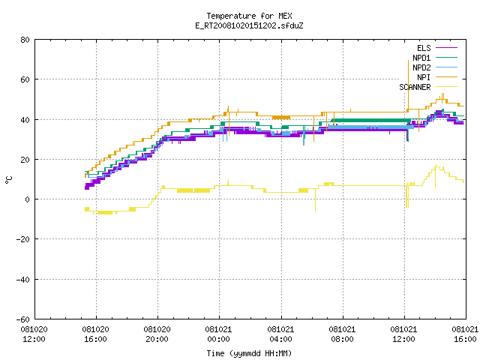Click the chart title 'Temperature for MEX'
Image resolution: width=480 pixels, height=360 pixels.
coord(249,16)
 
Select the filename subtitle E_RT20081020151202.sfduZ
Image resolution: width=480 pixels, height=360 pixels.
coord(249,25)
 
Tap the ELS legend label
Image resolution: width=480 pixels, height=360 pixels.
coord(424,48)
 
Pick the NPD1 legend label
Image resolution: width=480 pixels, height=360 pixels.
coord(421,58)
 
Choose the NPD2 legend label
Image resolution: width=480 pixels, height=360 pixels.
coord(421,67)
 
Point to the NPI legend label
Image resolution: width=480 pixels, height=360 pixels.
coord(424,77)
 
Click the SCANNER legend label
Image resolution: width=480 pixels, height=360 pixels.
coord(415,87)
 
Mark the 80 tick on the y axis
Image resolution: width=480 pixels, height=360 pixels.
coord(25,40)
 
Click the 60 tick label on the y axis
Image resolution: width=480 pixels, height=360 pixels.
coord(25,79)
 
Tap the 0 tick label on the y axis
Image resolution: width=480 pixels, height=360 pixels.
coord(27,199)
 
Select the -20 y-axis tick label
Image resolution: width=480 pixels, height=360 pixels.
coord(23,239)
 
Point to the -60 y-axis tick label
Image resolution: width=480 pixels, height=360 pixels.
coord(23,319)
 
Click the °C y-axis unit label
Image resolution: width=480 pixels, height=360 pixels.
coord(8,180)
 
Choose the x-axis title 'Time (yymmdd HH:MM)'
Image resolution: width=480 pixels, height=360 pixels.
coord(249,353)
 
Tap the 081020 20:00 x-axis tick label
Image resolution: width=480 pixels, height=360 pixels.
coord(157,334)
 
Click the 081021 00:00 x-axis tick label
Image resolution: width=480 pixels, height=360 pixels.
coord(218,334)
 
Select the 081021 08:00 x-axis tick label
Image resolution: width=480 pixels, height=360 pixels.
coord(342,334)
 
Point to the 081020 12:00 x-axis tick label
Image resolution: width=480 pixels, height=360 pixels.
coord(34,334)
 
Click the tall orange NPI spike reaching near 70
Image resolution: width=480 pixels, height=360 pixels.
coord(408,85)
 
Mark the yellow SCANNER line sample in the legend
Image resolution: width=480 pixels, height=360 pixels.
coord(446,87)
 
